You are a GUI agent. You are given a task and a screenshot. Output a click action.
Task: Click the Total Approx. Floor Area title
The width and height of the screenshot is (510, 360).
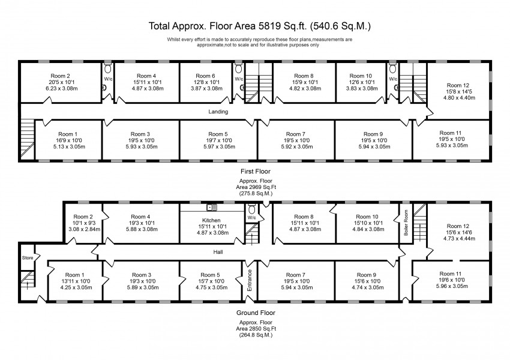click(x=260, y=26)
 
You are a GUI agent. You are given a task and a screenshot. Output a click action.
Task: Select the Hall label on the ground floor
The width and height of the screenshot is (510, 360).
click(x=218, y=253)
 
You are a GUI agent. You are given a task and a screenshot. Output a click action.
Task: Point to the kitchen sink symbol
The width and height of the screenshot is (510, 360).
click(x=211, y=208)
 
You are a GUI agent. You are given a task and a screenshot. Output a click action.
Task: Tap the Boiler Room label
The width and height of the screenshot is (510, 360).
click(x=406, y=223)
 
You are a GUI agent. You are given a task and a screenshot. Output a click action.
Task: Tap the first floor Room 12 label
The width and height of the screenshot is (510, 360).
click(x=454, y=86)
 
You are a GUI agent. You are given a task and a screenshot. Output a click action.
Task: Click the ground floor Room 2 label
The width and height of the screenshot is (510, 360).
click(x=83, y=217)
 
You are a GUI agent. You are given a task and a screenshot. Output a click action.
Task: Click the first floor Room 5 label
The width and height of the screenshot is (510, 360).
click(x=218, y=134)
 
